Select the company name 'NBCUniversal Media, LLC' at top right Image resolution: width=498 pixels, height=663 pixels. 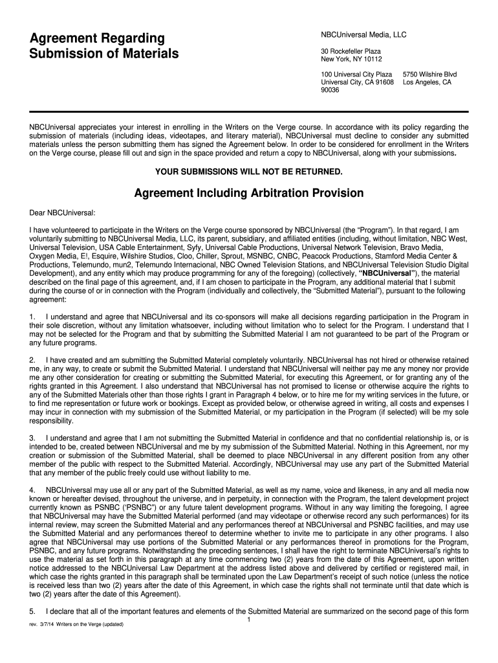(363, 34)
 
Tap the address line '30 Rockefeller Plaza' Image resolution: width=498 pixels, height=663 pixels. (351, 51)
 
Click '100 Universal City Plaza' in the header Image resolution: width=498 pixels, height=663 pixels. (356, 75)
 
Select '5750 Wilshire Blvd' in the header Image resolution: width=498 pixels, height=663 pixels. (429, 75)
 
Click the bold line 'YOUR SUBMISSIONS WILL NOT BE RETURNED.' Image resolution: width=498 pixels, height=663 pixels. (249, 172)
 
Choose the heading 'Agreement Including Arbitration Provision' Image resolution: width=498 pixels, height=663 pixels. (248, 194)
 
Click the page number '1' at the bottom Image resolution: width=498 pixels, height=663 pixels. (249, 620)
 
